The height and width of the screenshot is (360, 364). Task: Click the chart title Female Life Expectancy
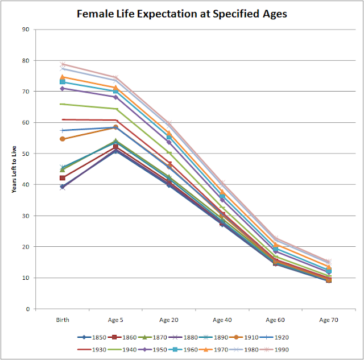[182, 13]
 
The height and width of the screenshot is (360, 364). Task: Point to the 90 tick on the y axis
[26, 29]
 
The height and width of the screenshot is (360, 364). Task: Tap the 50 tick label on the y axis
[26, 154]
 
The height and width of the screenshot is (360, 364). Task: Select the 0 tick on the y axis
[27, 309]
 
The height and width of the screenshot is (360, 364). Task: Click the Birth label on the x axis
[63, 320]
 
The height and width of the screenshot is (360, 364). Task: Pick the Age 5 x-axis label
[116, 320]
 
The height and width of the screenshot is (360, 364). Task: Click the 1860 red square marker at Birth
[63, 178]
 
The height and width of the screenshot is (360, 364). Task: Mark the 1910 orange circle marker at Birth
[63, 139]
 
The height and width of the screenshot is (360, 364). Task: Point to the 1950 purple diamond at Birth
[63, 88]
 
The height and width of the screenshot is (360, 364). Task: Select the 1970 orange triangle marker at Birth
[63, 77]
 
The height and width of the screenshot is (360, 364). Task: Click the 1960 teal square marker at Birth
[63, 82]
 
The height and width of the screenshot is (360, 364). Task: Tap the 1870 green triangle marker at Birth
[63, 169]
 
